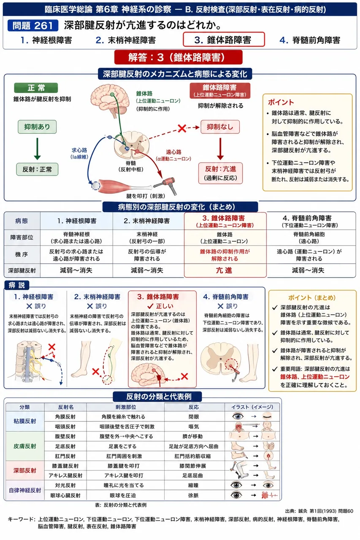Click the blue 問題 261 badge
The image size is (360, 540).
(x=33, y=25)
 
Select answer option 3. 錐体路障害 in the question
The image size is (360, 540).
(x=224, y=39)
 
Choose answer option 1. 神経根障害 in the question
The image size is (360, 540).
(x=46, y=40)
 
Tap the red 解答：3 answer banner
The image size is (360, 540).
(x=178, y=57)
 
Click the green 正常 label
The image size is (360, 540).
(x=36, y=88)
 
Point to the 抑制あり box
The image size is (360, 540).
(x=37, y=127)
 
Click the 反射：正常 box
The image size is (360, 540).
(x=37, y=169)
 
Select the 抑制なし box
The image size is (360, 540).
(x=220, y=127)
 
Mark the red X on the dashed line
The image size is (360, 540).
(x=182, y=129)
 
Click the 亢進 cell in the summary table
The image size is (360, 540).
(x=224, y=270)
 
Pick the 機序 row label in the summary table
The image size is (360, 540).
(x=22, y=254)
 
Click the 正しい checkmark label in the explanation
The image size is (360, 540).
(x=160, y=306)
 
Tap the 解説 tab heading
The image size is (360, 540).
(x=16, y=285)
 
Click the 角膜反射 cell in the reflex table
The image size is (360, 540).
(x=65, y=416)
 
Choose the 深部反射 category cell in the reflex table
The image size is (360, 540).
(x=24, y=470)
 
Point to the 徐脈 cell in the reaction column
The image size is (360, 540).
(x=193, y=495)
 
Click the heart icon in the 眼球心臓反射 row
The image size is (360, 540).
(x=265, y=495)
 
